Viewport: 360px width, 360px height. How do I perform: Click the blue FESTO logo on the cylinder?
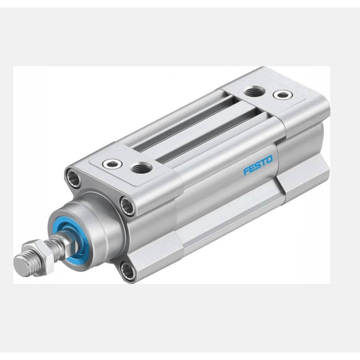pyautogui.click(x=258, y=165)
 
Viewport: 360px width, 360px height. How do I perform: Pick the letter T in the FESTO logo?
pyautogui.click(x=263, y=162)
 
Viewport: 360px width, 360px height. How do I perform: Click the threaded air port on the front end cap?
pyautogui.click(x=141, y=168)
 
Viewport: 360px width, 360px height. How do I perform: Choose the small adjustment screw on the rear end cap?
pyautogui.click(x=283, y=95)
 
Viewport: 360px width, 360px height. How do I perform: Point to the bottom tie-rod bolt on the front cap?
pyautogui.click(x=128, y=272)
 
